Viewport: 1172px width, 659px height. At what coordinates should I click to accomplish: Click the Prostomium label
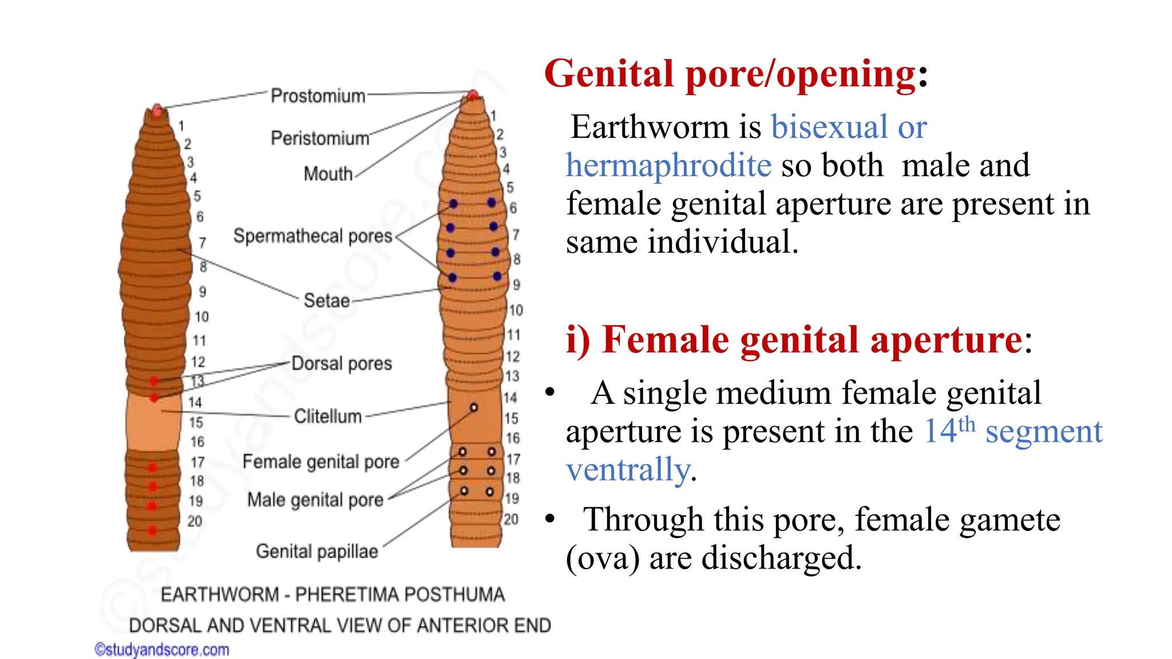pyautogui.click(x=318, y=96)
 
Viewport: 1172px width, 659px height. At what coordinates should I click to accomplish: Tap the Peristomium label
pyautogui.click(x=320, y=138)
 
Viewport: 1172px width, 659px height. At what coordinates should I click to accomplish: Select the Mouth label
pyautogui.click(x=328, y=173)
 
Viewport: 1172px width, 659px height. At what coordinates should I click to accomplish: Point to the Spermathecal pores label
pyautogui.click(x=312, y=236)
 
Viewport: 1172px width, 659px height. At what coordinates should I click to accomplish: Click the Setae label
pyautogui.click(x=326, y=300)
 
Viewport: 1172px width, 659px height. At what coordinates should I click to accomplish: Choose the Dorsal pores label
pyautogui.click(x=342, y=363)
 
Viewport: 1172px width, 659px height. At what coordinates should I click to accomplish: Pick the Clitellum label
pyautogui.click(x=327, y=416)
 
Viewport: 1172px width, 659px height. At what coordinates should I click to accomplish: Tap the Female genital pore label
pyautogui.click(x=320, y=461)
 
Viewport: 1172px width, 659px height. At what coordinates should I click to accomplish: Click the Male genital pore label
pyautogui.click(x=315, y=499)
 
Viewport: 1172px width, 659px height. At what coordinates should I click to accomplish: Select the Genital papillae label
pyautogui.click(x=316, y=551)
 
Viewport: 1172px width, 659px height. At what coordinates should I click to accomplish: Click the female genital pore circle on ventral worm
pyautogui.click(x=474, y=407)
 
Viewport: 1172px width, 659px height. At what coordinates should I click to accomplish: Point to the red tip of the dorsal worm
pyautogui.click(x=157, y=109)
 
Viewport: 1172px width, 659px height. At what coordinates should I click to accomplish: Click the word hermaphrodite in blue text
pyautogui.click(x=668, y=165)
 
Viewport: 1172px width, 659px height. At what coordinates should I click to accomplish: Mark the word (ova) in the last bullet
pyautogui.click(x=602, y=558)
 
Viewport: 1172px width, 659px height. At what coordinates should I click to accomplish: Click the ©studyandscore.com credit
pyautogui.click(x=162, y=650)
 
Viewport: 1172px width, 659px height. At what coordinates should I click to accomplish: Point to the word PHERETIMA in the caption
pyautogui.click(x=342, y=595)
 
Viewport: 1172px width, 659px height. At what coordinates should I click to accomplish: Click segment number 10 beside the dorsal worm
pyautogui.click(x=201, y=317)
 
